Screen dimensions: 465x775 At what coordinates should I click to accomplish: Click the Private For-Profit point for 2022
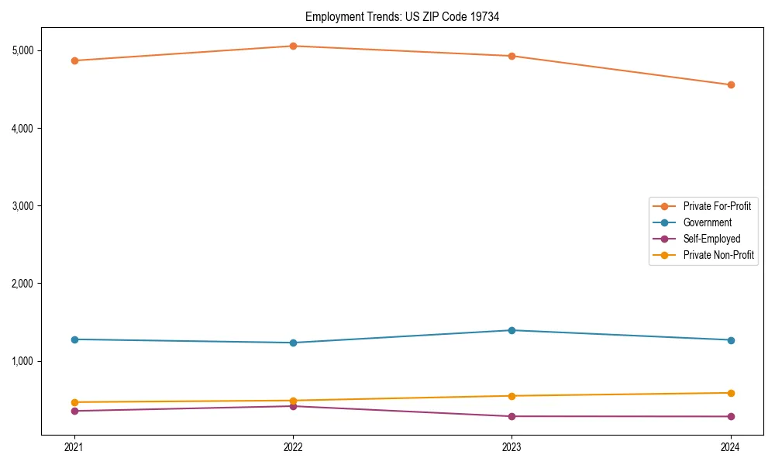tap(293, 46)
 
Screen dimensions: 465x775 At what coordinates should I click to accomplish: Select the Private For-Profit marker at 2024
tap(731, 84)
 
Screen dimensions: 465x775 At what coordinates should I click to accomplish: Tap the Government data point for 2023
tap(511, 330)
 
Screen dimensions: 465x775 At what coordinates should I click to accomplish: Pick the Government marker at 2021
tap(74, 339)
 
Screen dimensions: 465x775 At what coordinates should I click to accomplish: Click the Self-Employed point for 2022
tap(293, 406)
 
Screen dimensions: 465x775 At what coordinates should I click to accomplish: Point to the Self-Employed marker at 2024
tap(731, 417)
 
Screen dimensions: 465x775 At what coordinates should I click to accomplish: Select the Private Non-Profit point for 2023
tap(511, 396)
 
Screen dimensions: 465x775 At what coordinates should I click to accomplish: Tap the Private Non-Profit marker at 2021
tap(74, 402)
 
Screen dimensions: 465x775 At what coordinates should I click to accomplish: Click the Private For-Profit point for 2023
tap(511, 56)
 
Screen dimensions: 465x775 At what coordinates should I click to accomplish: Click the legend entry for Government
tap(707, 222)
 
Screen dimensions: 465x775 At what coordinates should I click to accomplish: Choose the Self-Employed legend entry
tap(711, 239)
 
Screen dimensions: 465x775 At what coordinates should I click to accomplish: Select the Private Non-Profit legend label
tap(718, 255)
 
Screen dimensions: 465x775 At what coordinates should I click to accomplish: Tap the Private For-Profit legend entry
tap(717, 206)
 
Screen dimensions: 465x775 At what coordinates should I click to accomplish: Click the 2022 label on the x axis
tap(293, 447)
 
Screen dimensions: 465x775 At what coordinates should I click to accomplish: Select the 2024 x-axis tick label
tap(731, 447)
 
